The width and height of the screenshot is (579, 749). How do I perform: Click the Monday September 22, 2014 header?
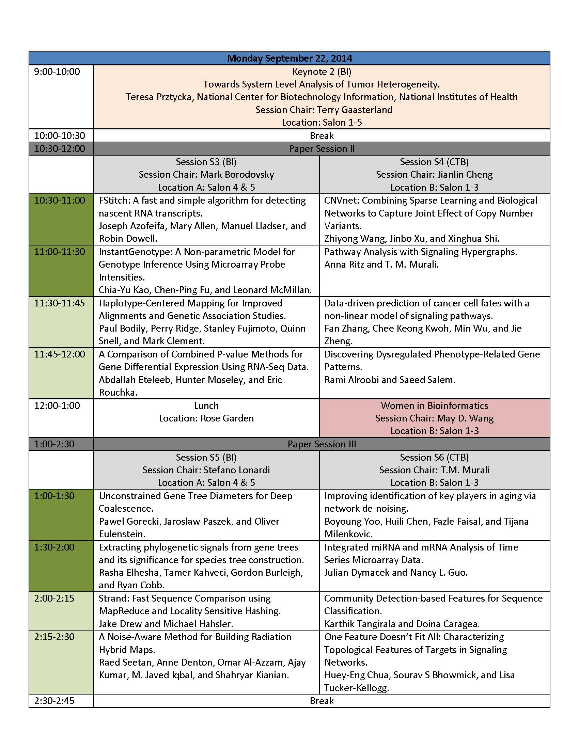(289, 58)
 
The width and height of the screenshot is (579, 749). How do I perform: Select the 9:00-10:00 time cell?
(57, 72)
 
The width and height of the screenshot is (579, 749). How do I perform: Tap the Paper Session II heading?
(322, 148)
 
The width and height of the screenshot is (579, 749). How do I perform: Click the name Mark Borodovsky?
(237, 175)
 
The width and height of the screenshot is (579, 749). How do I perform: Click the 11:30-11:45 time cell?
(59, 303)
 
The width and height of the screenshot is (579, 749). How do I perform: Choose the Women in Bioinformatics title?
(434, 405)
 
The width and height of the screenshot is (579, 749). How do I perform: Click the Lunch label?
(206, 405)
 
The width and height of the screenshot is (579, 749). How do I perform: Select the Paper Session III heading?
(322, 444)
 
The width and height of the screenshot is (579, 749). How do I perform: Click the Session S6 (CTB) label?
(434, 457)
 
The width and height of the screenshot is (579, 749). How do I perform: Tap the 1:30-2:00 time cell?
(54, 547)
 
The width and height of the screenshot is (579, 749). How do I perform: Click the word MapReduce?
(124, 611)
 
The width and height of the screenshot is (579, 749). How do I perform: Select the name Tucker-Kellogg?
(356, 688)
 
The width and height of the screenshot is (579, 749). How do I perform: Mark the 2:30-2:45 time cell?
(54, 701)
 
